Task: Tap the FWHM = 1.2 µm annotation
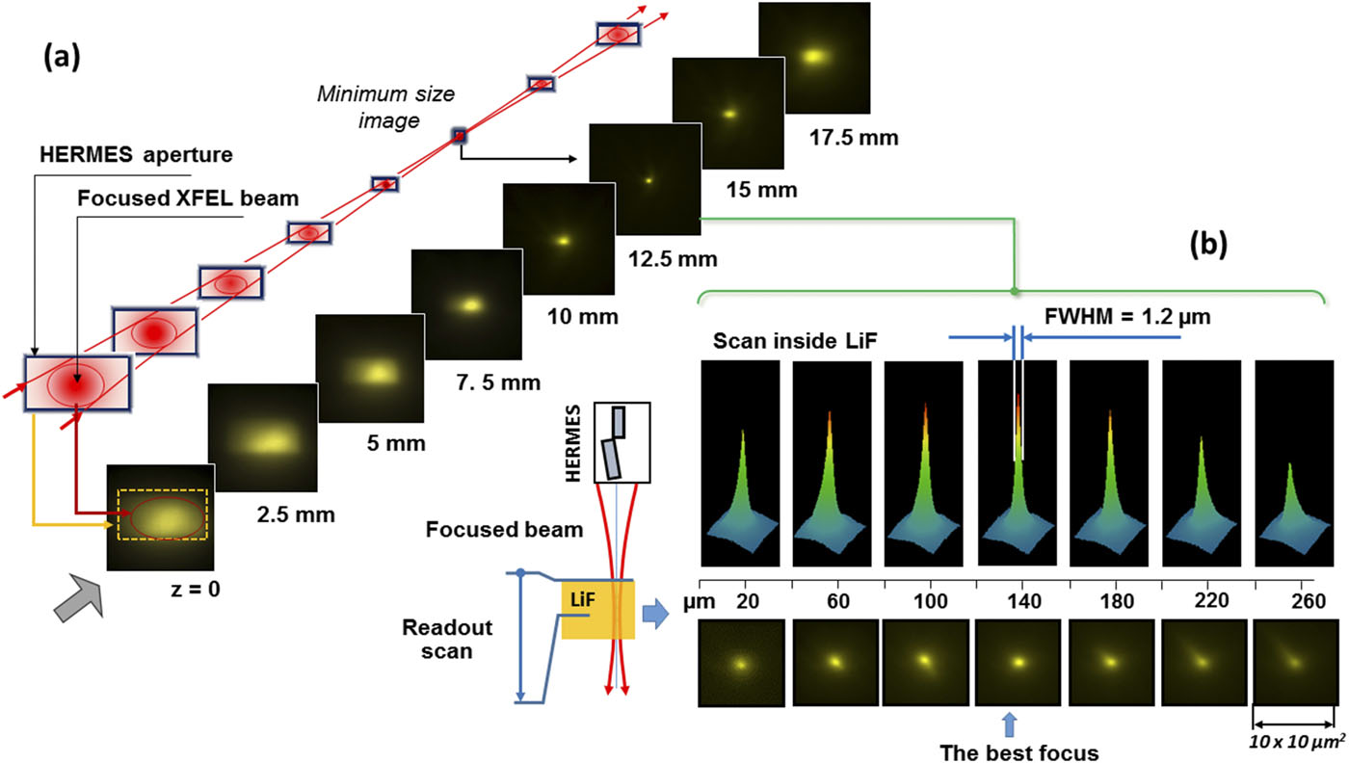(x=1113, y=314)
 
